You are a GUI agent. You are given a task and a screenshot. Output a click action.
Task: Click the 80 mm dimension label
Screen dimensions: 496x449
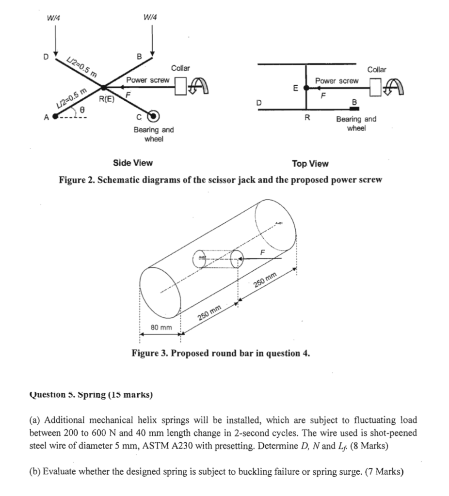click(161, 328)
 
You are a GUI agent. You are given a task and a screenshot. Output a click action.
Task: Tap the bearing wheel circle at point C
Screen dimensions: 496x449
click(154, 116)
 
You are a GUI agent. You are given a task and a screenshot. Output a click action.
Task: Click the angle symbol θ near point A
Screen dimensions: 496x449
click(83, 111)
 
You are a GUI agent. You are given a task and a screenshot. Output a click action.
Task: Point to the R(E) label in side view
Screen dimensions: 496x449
click(107, 99)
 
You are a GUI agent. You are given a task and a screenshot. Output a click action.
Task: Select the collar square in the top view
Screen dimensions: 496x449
click(376, 88)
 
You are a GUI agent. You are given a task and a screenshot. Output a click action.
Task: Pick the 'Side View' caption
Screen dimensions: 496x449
click(132, 163)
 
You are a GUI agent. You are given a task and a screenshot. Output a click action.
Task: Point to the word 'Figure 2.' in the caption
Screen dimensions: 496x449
click(76, 180)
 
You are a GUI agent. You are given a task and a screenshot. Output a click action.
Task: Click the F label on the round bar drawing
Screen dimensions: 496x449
click(263, 252)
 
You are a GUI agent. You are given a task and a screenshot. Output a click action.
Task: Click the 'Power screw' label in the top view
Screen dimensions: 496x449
click(337, 80)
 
